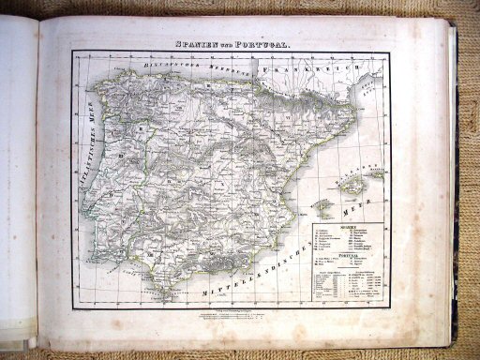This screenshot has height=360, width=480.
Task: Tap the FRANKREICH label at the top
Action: tap(298, 68)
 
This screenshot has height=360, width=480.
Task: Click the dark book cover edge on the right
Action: tap(454, 187)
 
